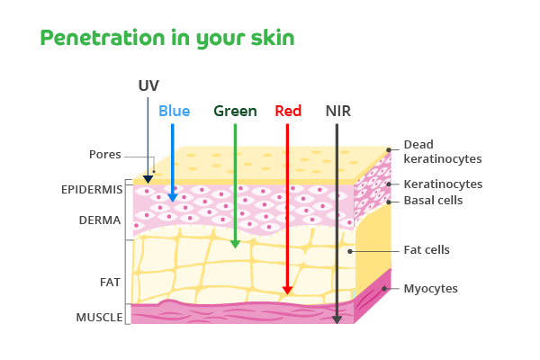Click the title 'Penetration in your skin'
[167, 38]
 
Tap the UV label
[148, 85]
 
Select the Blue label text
[174, 112]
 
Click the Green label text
[235, 112]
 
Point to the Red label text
[288, 112]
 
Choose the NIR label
[338, 112]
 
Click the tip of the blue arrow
[173, 197]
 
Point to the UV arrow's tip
[148, 180]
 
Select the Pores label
[104, 154]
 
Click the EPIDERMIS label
[91, 191]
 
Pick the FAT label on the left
[110, 282]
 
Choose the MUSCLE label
[99, 317]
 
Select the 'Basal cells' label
[433, 201]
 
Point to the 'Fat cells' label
[427, 249]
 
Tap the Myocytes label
[431, 289]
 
